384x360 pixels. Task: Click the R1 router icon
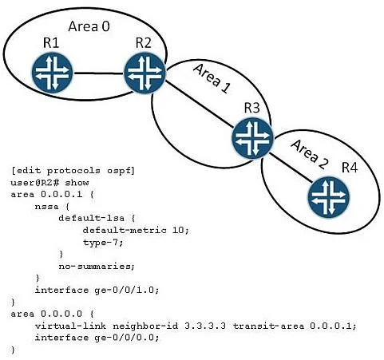(52, 73)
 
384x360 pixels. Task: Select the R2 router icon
(144, 73)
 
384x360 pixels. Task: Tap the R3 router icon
(252, 138)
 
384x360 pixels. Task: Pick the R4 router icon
(329, 196)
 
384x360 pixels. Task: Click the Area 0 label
(89, 26)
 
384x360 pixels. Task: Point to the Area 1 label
(212, 78)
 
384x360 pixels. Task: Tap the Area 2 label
(309, 154)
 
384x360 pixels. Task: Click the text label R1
(51, 43)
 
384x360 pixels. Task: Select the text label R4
(350, 168)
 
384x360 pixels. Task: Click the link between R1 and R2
(99, 73)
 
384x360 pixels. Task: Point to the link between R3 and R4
(291, 168)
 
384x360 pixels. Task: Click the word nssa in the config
(46, 207)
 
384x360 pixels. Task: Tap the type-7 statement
(103, 243)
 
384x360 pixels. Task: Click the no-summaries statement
(97, 267)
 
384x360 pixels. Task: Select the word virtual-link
(70, 326)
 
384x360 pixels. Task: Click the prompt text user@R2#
(35, 183)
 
